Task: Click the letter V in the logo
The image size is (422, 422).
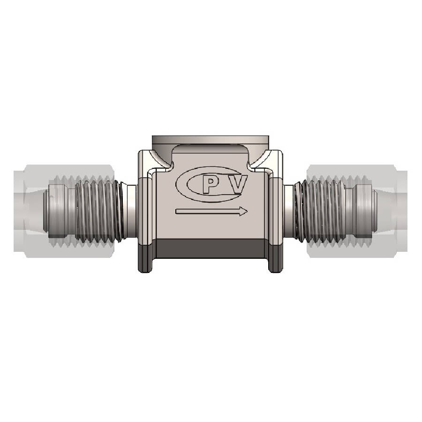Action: [x=239, y=185]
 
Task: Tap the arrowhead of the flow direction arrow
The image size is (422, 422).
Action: [x=243, y=211]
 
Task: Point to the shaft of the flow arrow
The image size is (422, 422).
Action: [x=206, y=211]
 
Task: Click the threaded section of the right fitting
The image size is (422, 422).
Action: [x=324, y=211]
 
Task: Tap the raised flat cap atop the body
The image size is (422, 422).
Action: [x=211, y=141]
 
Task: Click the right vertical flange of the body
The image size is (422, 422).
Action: [x=277, y=211]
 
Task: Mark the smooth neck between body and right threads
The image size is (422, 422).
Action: [x=289, y=211]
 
